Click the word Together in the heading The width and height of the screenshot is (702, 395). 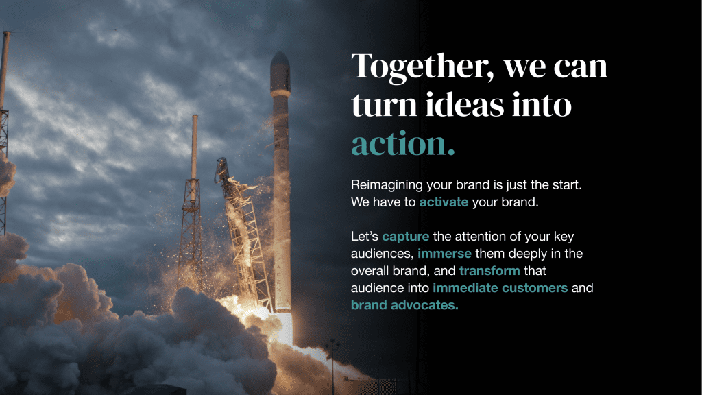(x=420, y=67)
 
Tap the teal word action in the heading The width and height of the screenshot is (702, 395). (x=403, y=144)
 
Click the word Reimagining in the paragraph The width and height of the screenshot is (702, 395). (x=387, y=185)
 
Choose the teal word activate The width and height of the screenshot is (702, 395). (x=444, y=202)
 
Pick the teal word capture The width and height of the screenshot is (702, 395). (x=406, y=237)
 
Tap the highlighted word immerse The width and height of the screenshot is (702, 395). (x=444, y=254)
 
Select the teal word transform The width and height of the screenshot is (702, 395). (x=489, y=270)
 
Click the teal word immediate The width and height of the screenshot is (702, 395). (x=465, y=287)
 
